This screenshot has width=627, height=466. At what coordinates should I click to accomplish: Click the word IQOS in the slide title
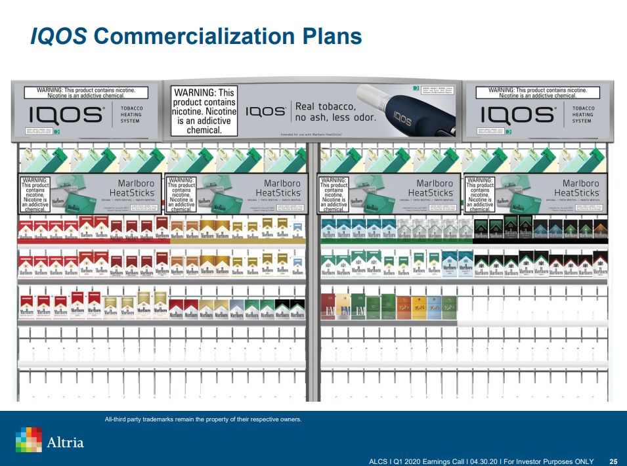click(x=58, y=36)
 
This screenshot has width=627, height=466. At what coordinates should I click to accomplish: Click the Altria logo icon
click(x=28, y=440)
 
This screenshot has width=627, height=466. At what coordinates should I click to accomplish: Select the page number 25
click(x=613, y=461)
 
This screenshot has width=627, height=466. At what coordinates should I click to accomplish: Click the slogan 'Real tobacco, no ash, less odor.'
click(x=335, y=112)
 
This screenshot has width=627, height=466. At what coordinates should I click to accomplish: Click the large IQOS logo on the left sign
click(x=66, y=115)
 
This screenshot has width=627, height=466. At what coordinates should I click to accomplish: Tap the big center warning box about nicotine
click(x=203, y=112)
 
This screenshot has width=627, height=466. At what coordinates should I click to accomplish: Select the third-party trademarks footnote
click(x=203, y=419)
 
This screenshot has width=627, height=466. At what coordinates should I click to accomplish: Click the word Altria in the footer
click(x=66, y=442)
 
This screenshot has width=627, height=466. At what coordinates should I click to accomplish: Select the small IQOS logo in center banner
click(x=266, y=112)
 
